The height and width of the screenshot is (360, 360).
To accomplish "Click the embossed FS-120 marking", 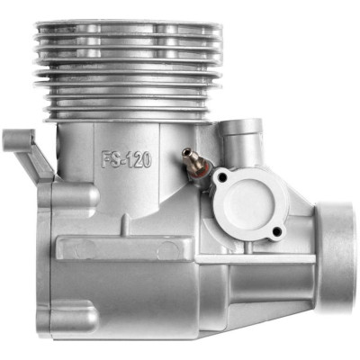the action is coord(126,159).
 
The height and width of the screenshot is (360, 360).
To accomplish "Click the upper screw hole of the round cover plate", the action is coord(222,177).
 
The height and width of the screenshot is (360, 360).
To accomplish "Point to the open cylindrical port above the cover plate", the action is coord(241,141).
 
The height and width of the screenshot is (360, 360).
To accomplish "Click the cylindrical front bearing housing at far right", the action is coord(336,257).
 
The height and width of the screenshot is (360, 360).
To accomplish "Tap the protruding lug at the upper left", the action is coord(19,140).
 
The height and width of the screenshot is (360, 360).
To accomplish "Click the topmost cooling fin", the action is coord(129,24).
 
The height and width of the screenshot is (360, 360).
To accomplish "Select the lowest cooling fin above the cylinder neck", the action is coord(128,121).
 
